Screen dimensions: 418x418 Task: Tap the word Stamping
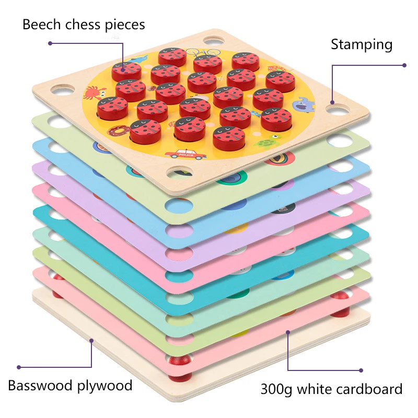362,45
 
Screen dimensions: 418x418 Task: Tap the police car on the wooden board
179,154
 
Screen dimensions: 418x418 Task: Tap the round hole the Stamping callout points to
333,110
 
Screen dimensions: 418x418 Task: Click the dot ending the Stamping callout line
404,65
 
